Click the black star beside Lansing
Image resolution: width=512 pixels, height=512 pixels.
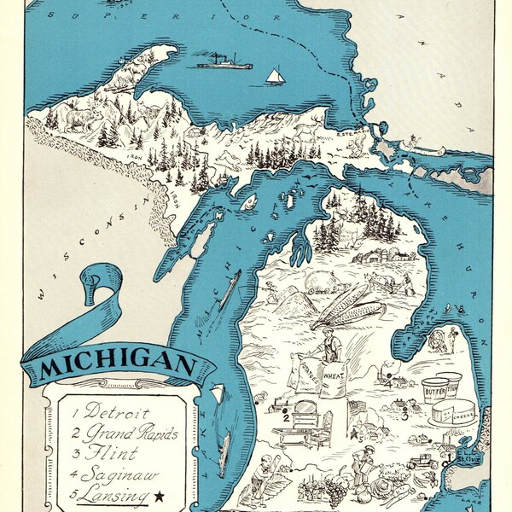click(160, 493)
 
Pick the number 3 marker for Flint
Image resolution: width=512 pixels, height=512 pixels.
click(404, 417)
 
